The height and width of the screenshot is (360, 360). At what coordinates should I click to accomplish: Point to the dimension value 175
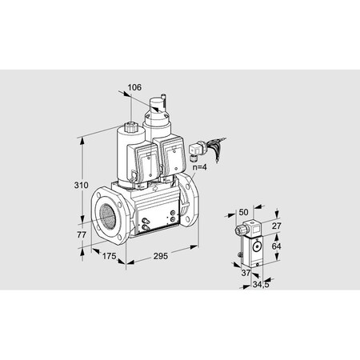click(110, 257)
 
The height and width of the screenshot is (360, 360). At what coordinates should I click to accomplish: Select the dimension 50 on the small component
click(244, 212)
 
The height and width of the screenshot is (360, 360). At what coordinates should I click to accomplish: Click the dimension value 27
click(277, 226)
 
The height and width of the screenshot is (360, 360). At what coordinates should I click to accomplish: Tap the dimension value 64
click(277, 246)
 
